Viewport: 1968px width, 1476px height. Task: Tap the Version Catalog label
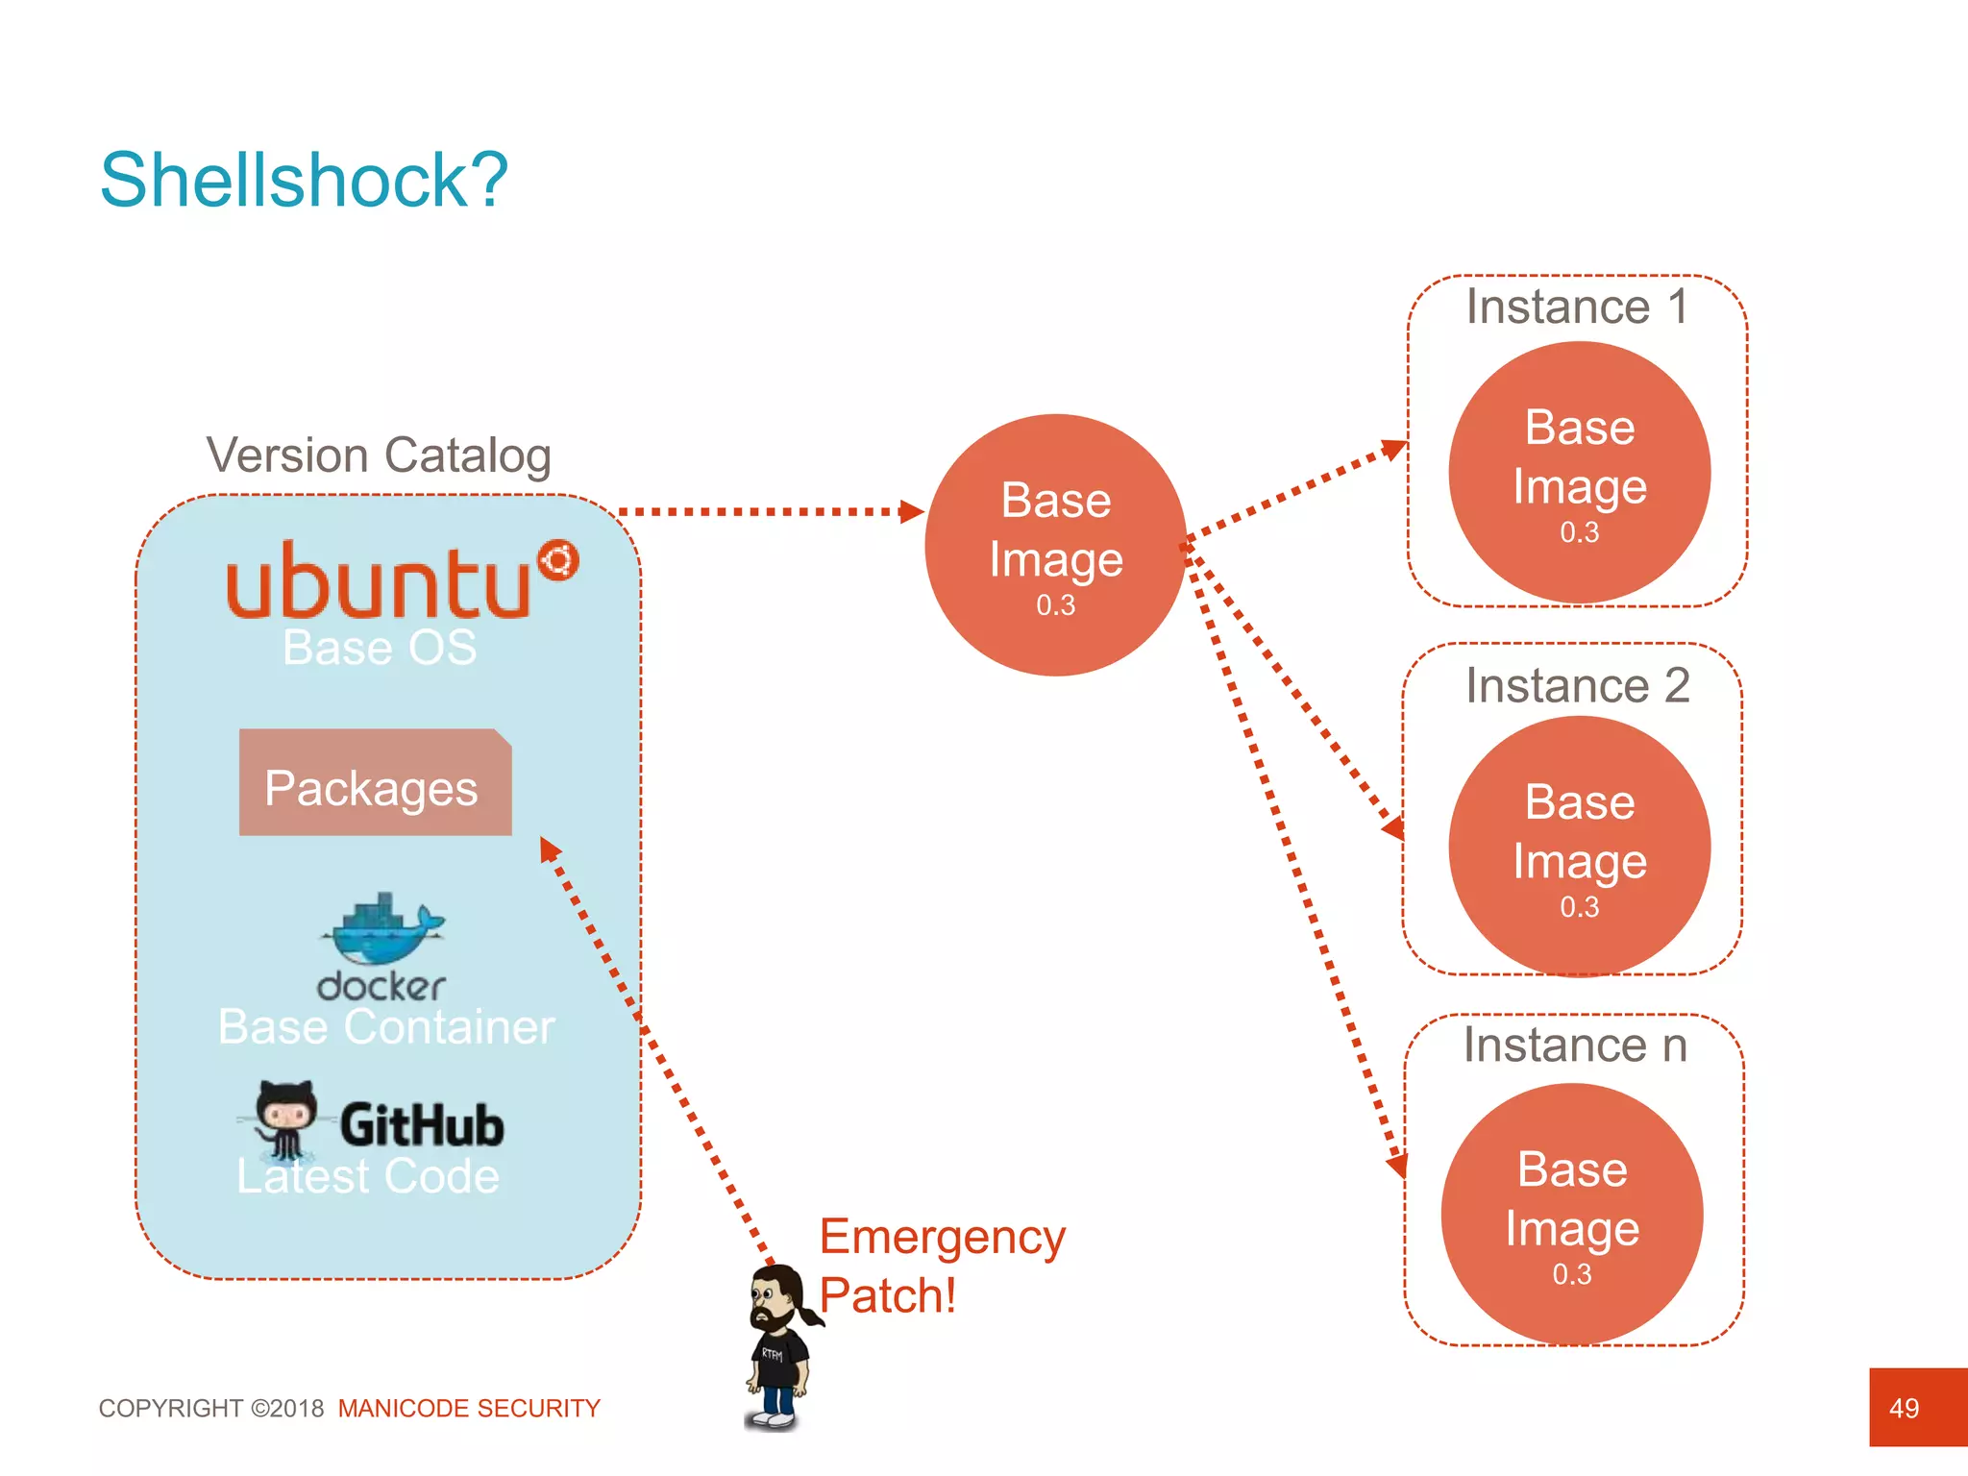coord(379,455)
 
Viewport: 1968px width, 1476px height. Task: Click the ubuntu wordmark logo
coord(378,581)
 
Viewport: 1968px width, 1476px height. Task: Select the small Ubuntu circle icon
coord(557,560)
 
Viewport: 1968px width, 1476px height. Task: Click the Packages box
coord(375,782)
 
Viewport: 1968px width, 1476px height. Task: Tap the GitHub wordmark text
coord(422,1125)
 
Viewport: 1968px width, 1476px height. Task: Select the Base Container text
coord(386,1026)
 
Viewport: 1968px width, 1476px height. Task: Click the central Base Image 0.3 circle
coord(1055,545)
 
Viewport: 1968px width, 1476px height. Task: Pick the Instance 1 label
coord(1576,307)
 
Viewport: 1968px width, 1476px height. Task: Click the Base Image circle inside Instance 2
coord(1579,846)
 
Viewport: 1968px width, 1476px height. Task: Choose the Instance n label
coord(1575,1045)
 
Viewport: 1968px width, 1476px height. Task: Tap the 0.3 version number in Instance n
coord(1572,1274)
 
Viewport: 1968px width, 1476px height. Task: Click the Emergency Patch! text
coord(942,1266)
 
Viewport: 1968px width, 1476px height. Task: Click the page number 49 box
coord(1917,1407)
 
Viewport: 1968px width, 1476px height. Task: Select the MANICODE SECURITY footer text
coord(469,1408)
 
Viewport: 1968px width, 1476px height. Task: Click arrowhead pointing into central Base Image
coord(911,511)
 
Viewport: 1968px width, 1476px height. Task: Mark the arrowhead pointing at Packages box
coord(549,849)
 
